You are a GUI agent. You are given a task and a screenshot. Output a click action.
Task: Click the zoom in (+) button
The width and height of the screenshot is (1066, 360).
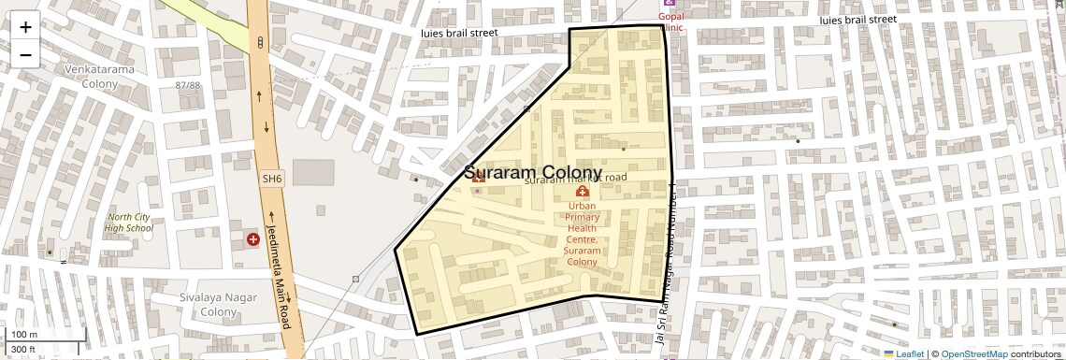pos(25,26)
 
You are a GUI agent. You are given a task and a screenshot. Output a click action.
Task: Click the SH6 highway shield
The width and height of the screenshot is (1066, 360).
pos(271,178)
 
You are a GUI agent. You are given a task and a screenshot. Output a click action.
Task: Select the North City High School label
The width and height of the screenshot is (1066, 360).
pos(129,223)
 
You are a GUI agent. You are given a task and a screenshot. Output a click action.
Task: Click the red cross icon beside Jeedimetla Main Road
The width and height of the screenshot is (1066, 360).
pos(252,239)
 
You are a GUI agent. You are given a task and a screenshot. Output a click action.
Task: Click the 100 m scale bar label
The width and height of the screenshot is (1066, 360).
pos(23,335)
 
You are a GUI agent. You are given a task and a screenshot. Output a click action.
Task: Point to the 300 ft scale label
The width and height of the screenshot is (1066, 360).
pos(23,350)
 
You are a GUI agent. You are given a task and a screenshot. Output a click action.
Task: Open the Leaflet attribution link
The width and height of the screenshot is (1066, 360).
pos(903,354)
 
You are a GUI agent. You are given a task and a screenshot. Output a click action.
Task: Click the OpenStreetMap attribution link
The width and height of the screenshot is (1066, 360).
pos(973,354)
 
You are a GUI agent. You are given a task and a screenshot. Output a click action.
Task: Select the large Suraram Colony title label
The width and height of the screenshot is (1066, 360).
pos(533,173)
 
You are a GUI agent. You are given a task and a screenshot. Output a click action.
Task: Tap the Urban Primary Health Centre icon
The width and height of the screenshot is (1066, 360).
pos(582,192)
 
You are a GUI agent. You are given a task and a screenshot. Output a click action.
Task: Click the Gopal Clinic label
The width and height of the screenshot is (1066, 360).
pos(671,22)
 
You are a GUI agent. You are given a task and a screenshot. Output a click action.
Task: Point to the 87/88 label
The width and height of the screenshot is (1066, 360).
pos(188,85)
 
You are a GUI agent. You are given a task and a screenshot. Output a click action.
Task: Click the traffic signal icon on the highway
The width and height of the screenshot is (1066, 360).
pos(259,41)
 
